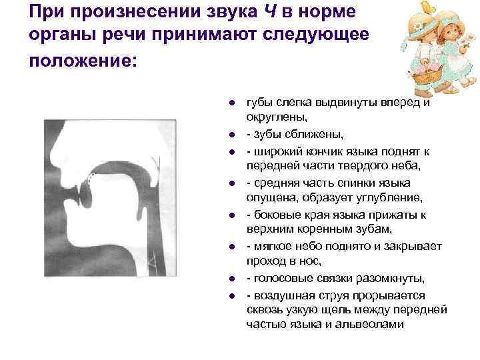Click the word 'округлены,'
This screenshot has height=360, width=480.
(273, 117)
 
